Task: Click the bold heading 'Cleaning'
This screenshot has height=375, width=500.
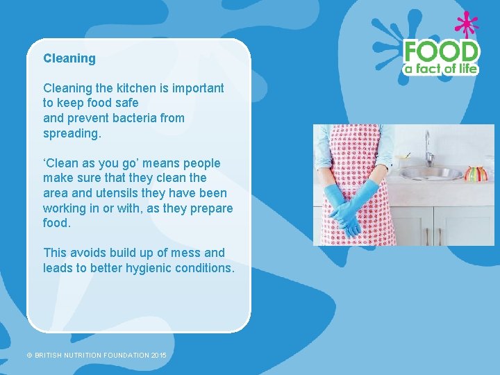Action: tap(69, 58)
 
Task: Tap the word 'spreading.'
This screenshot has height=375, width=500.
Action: tap(72, 133)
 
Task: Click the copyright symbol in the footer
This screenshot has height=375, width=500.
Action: tap(29, 355)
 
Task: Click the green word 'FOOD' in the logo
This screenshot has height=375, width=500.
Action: tap(442, 51)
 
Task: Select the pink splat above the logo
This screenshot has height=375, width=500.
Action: tap(467, 24)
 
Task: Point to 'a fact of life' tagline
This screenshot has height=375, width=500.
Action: tap(442, 68)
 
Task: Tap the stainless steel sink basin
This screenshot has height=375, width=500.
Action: tap(431, 174)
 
